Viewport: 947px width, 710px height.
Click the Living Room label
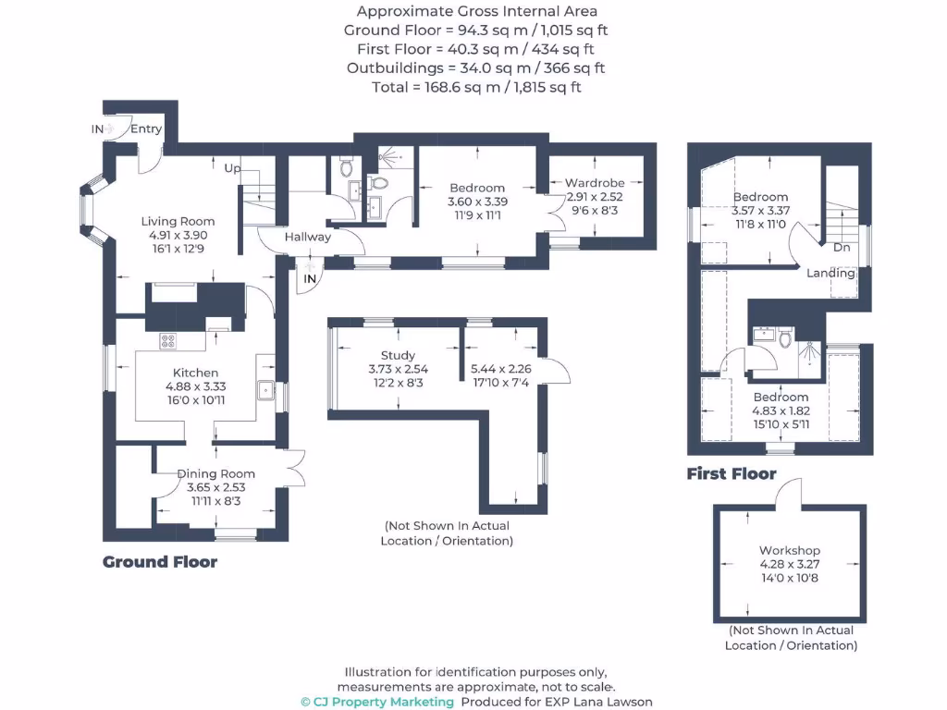[178, 221]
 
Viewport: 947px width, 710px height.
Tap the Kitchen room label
[195, 373]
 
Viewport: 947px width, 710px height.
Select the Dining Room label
[215, 473]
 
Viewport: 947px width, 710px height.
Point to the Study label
[398, 355]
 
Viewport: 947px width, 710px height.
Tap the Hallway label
[307, 237]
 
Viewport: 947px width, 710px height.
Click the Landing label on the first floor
[830, 273]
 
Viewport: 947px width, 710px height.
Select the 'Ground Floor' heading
[160, 562]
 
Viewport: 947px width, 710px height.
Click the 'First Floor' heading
[731, 474]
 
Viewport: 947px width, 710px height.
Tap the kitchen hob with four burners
[168, 341]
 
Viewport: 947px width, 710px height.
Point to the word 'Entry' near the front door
[146, 129]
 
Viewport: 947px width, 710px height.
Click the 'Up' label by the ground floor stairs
[233, 168]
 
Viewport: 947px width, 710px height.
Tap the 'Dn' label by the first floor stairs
[842, 248]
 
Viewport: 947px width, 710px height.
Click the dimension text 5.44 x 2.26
[499, 367]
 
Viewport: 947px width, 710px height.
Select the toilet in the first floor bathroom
[786, 338]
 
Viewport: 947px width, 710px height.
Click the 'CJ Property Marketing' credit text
[377, 702]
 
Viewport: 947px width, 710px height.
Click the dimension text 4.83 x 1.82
[781, 411]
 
